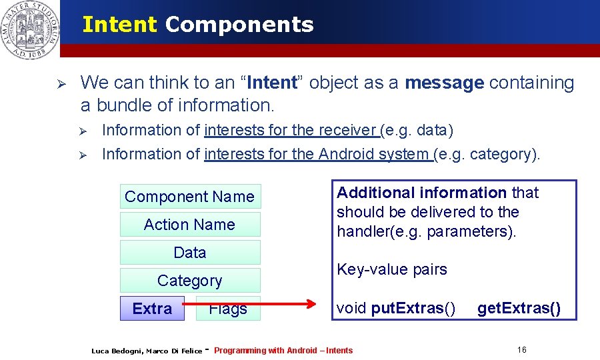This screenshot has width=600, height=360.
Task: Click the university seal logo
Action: [x=29, y=29]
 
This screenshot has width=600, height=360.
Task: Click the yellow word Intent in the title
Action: [x=119, y=25]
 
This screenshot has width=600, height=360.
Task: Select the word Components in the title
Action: [x=239, y=25]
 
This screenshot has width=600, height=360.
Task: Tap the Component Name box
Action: [x=190, y=197]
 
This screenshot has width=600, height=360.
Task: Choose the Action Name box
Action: [x=190, y=225]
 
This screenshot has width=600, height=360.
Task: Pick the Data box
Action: [x=190, y=253]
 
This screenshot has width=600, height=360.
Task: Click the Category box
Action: [x=190, y=281]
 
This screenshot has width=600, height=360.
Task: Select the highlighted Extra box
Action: [x=152, y=309]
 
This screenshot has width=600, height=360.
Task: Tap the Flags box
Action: [x=228, y=309]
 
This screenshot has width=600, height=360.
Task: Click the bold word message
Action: [x=444, y=83]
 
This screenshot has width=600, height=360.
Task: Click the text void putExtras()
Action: [x=396, y=309]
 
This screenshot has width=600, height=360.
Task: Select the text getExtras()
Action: [x=519, y=309]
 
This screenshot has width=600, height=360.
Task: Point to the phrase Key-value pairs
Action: [x=392, y=270]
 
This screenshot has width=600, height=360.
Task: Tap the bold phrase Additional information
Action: [x=421, y=193]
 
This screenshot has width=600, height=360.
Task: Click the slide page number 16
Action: [x=521, y=350]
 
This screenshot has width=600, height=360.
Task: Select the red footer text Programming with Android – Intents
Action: [x=283, y=351]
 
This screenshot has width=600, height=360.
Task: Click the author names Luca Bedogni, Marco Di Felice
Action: [x=146, y=351]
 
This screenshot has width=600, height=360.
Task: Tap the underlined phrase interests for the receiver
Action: [x=292, y=130]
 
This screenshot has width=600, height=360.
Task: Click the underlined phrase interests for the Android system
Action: [x=317, y=154]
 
